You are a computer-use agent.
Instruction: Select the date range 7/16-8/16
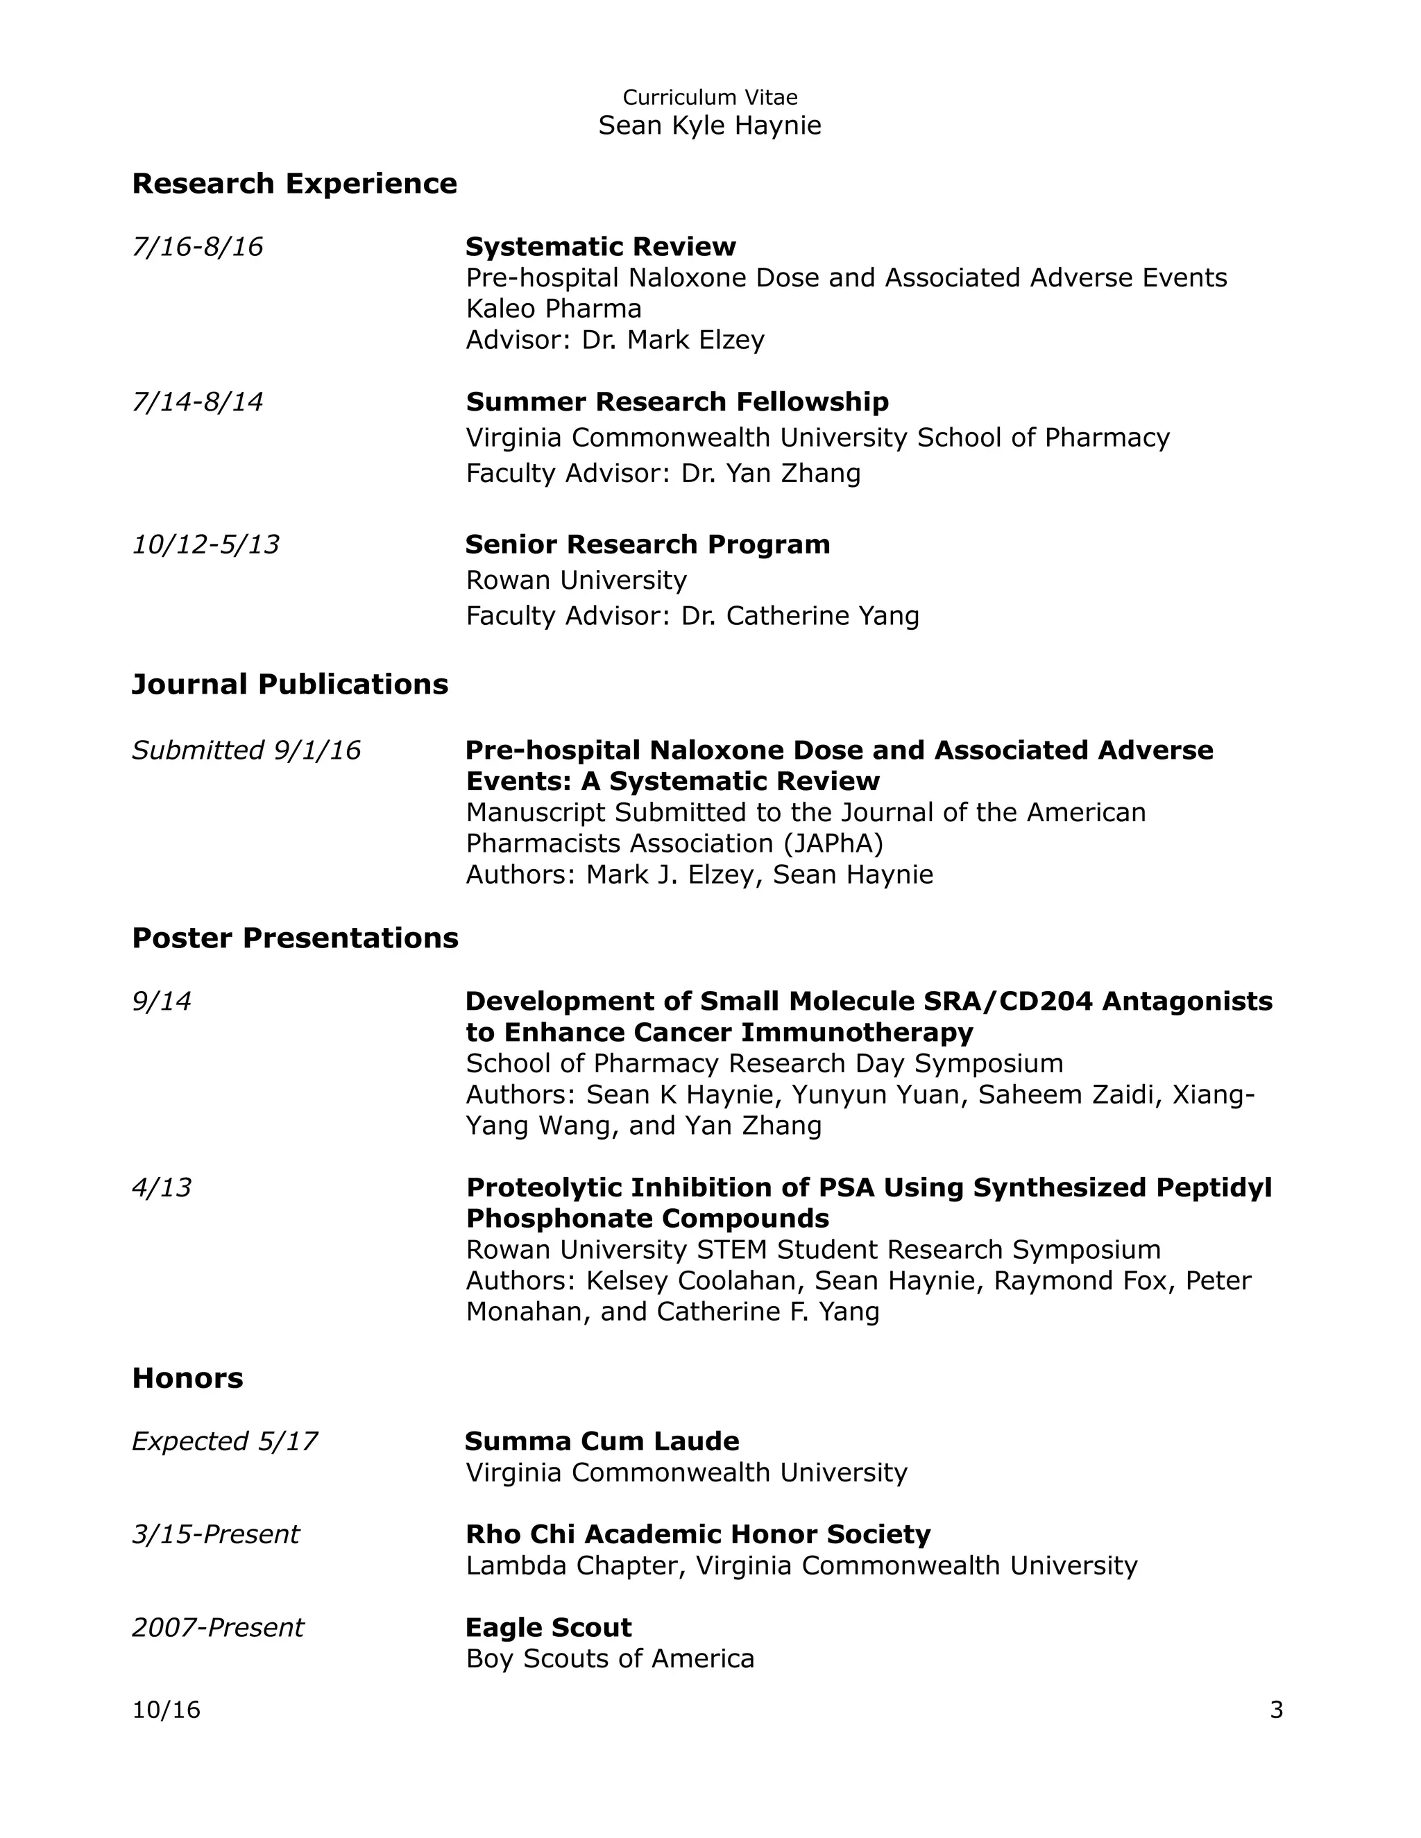tap(197, 247)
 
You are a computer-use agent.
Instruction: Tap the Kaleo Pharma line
tap(553, 309)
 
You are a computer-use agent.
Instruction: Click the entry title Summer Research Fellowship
tap(677, 402)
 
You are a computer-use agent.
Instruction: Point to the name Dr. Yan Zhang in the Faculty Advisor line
tap(770, 473)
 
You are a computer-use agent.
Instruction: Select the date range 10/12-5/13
tap(205, 544)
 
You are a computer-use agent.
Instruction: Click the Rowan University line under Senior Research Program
tap(576, 580)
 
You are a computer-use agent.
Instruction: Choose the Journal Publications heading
tap(289, 684)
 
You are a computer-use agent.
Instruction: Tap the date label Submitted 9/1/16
tap(246, 750)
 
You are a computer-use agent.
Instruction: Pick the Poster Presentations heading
tap(295, 938)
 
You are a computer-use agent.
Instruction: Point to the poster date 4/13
tap(162, 1187)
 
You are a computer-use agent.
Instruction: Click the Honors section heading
tap(187, 1377)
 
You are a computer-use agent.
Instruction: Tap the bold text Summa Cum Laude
tap(602, 1442)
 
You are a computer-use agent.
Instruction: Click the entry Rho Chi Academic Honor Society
tap(698, 1534)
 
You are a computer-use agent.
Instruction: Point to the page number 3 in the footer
tap(1275, 1710)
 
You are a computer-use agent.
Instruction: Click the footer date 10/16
tap(166, 1710)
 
